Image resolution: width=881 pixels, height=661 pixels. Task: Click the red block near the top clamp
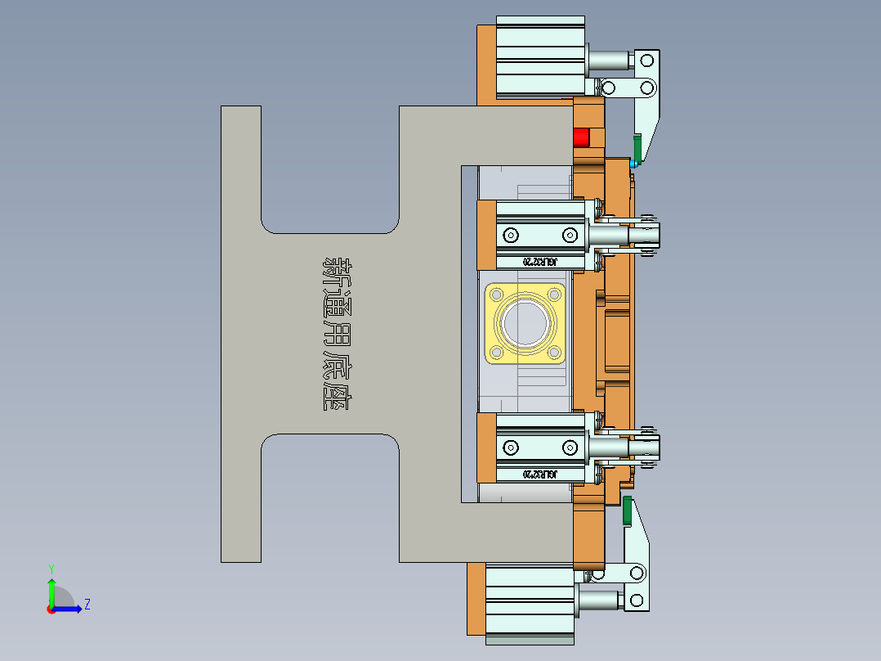click(x=581, y=137)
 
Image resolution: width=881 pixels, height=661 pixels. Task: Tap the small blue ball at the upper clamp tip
click(x=633, y=164)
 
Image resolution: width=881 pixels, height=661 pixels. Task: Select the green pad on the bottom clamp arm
click(x=628, y=510)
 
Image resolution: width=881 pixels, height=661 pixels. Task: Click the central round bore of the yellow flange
click(x=525, y=323)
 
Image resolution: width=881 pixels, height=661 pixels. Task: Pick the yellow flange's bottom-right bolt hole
click(x=555, y=353)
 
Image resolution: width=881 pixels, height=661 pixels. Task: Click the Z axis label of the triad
click(x=87, y=605)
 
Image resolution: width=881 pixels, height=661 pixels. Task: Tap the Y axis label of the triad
click(x=51, y=568)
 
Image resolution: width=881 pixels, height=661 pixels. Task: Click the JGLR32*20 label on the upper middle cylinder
click(x=539, y=262)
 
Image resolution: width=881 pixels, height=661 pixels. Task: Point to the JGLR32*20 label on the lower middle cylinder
click(x=539, y=474)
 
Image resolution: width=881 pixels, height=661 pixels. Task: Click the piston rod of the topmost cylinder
click(x=609, y=61)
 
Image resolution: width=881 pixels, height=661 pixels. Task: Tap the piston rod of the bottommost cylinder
click(x=601, y=602)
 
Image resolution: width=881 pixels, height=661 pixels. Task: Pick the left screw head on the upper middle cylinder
click(x=512, y=236)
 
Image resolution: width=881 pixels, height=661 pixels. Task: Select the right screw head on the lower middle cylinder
click(x=569, y=447)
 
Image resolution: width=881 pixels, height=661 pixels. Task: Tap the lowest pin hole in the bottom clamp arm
click(x=637, y=602)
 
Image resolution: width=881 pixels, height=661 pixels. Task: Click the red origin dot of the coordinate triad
click(x=51, y=609)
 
